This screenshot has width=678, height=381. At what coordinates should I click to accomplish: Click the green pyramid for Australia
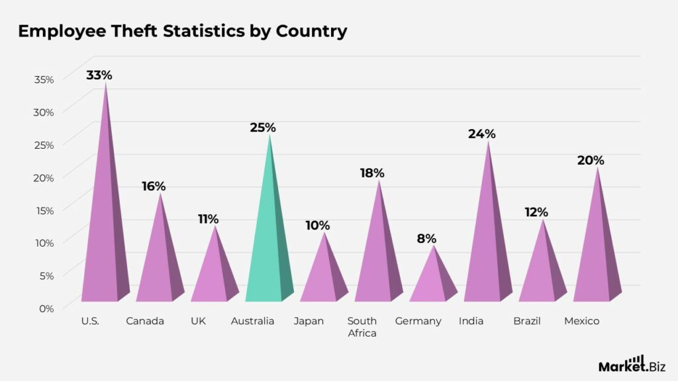[x=269, y=245]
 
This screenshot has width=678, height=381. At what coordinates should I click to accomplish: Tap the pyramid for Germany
[x=434, y=281]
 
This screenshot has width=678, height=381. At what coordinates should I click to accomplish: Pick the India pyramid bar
[x=488, y=245]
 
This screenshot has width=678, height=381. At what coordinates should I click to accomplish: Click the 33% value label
[x=99, y=75]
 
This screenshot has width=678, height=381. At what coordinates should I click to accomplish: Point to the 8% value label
[x=427, y=238]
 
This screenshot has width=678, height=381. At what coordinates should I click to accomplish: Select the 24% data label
[x=481, y=134]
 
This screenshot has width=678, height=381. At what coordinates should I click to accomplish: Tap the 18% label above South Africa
[x=372, y=173]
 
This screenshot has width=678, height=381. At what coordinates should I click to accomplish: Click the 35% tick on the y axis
[x=44, y=79]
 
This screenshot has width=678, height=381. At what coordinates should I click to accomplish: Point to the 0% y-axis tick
[x=46, y=308]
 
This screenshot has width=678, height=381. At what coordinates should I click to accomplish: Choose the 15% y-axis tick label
[x=44, y=210]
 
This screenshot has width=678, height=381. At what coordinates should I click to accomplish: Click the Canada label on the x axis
[x=145, y=321]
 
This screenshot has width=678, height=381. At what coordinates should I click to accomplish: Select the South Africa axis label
[x=362, y=327]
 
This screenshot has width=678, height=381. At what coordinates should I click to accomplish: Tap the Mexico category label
[x=581, y=321]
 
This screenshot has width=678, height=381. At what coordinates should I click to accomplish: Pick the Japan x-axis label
[x=309, y=321]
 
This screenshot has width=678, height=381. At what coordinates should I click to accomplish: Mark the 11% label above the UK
[x=208, y=219]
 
